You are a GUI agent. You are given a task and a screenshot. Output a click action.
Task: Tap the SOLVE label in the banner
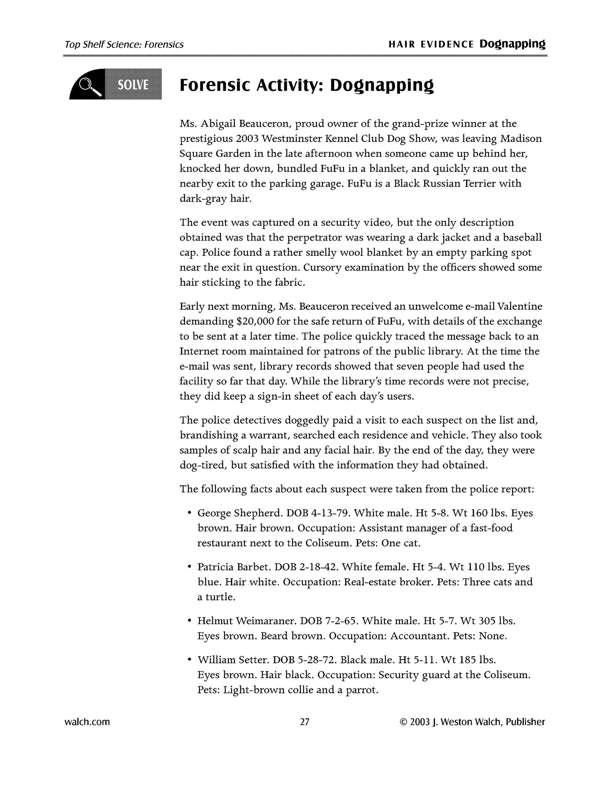(133, 85)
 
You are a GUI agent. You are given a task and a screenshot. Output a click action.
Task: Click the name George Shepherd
(239, 513)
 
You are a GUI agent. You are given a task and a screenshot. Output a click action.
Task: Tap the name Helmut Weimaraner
(246, 621)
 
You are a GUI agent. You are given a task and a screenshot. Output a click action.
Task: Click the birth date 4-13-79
(329, 513)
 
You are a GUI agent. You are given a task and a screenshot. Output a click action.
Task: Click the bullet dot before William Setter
(190, 659)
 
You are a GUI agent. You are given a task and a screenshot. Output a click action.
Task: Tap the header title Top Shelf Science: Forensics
(124, 45)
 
